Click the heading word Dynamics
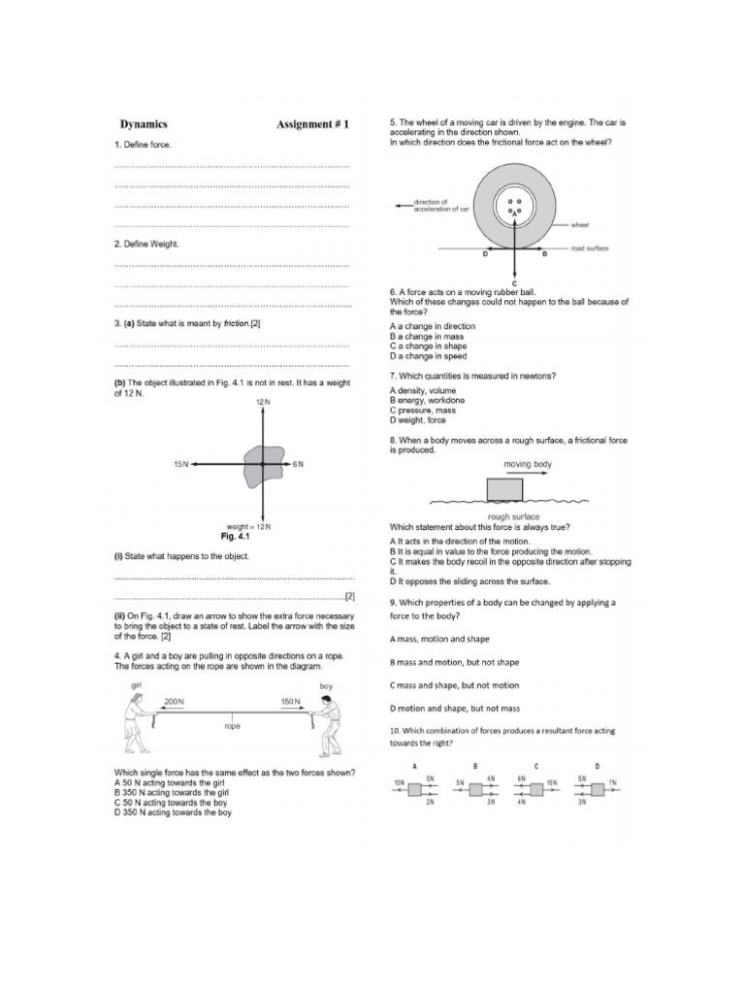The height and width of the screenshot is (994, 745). tap(144, 124)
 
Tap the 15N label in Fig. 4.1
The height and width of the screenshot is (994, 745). tap(180, 465)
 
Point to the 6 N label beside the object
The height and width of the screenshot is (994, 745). tap(299, 465)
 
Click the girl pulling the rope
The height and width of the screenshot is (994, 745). tap(137, 719)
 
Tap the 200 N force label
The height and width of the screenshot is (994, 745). tap(174, 701)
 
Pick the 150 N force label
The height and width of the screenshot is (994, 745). tap(290, 701)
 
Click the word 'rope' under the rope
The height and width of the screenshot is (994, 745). tap(232, 725)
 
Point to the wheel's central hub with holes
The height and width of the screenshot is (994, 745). tap(514, 207)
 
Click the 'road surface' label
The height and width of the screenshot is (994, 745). tap(590, 248)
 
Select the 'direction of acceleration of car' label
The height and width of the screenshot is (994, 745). tap(441, 206)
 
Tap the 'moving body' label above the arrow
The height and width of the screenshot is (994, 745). tap(528, 465)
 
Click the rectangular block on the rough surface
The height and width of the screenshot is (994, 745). tap(504, 488)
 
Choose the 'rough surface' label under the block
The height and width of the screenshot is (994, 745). tap(514, 516)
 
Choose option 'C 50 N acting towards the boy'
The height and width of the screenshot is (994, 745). tap(173, 803)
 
